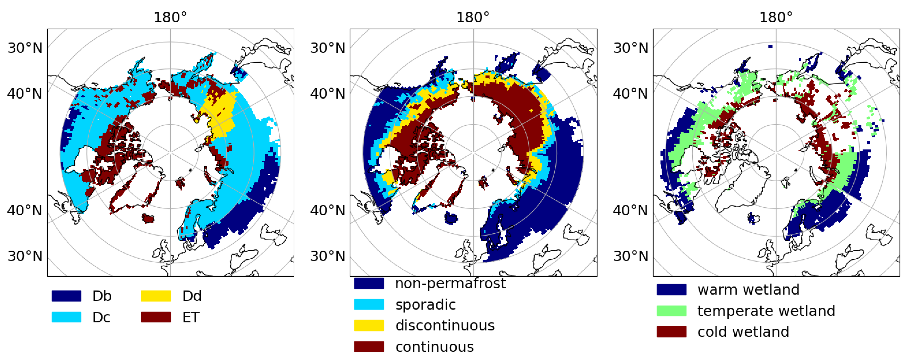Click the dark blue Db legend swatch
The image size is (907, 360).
[66, 296]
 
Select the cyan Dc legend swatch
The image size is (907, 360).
[66, 317]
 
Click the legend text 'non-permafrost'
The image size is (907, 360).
[450, 283]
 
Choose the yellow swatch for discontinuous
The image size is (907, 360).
[369, 325]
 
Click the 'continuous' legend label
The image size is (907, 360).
[435, 347]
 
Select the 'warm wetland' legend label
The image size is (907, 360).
[748, 290]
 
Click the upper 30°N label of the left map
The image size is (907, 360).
[25, 48]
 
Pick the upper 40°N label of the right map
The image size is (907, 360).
[630, 94]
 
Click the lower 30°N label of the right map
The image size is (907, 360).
[630, 256]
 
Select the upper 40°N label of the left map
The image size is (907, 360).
[25, 94]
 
